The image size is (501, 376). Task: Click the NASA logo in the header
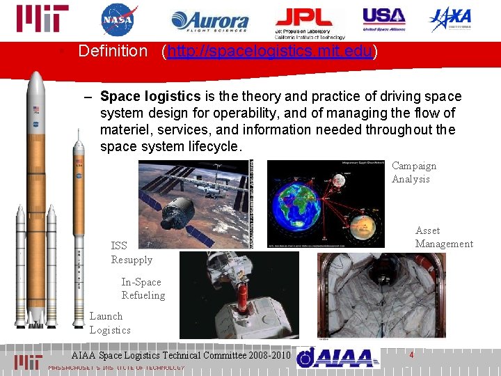click(x=120, y=19)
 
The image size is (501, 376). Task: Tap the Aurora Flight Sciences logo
click(x=209, y=22)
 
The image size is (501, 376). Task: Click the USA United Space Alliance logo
click(x=383, y=19)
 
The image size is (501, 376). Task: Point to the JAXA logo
click(x=450, y=19)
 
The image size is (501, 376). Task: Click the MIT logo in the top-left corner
click(x=42, y=19)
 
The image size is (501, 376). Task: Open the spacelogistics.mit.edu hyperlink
click(x=269, y=51)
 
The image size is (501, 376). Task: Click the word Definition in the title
click(x=113, y=51)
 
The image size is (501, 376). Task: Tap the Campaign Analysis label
click(x=414, y=172)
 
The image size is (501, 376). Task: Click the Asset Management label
click(x=443, y=237)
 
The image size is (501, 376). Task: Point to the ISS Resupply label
click(x=132, y=252)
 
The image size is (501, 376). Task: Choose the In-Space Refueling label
click(x=143, y=288)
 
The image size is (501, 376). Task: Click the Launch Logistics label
click(x=109, y=322)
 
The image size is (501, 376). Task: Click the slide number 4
click(x=412, y=355)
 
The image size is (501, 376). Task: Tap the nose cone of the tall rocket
click(x=36, y=80)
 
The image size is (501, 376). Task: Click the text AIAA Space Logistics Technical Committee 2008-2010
click(x=180, y=355)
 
